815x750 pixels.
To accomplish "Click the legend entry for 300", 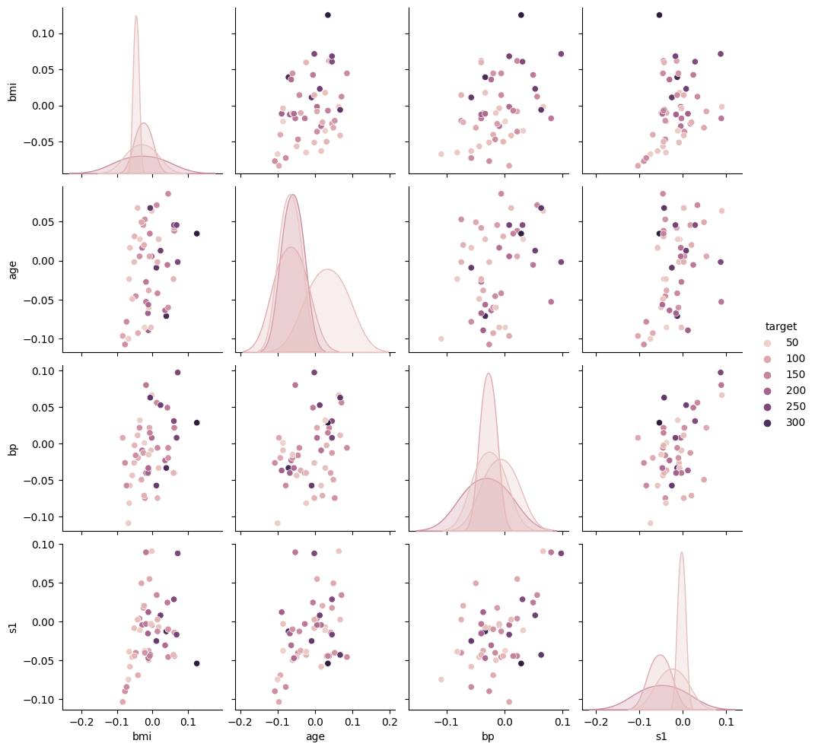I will (771, 423).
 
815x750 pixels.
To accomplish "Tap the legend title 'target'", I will (782, 326).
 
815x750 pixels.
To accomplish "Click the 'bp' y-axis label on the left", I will (13, 449).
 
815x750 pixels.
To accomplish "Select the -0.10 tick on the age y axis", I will (46, 339).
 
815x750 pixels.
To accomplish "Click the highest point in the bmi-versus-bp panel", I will (521, 15).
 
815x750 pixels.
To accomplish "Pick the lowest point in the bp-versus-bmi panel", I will (128, 523).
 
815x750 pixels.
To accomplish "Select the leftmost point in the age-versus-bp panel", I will (441, 338).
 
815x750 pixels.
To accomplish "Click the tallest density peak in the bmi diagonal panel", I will (136, 17).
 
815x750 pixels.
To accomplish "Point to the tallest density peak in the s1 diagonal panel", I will (682, 553).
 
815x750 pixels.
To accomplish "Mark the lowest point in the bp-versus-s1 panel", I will (650, 523).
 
